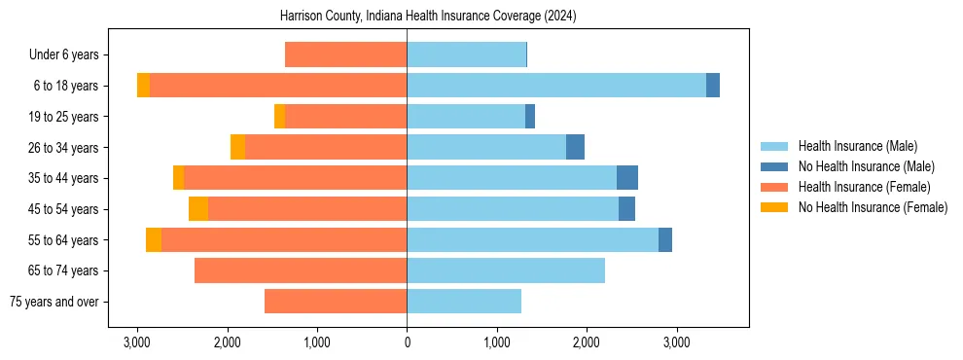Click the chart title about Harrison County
(x=428, y=17)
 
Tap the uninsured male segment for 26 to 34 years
(x=575, y=147)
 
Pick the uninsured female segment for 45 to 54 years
(x=198, y=209)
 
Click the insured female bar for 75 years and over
(x=336, y=302)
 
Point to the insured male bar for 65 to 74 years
(x=506, y=270)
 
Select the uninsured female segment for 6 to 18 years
(x=143, y=86)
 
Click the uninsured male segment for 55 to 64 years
(x=665, y=240)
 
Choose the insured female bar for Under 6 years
(x=345, y=54)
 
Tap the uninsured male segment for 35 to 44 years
(x=627, y=178)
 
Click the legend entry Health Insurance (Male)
(x=857, y=146)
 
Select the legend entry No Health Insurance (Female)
(x=873, y=207)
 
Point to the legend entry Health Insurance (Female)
(x=863, y=187)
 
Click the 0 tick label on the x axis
(x=407, y=342)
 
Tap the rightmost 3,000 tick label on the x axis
(x=676, y=342)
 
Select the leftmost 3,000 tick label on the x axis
(x=137, y=342)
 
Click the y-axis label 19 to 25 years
(x=64, y=117)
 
